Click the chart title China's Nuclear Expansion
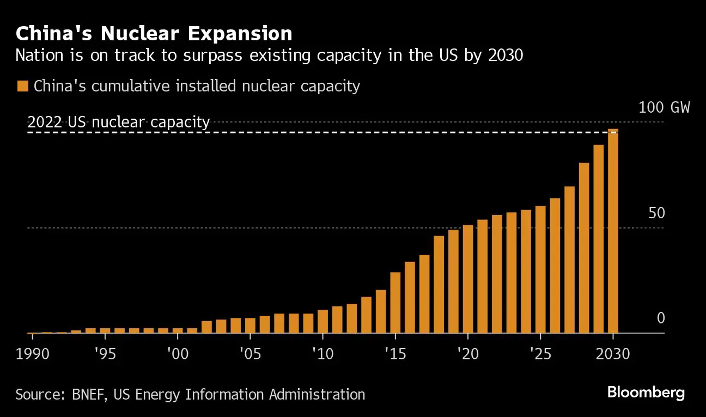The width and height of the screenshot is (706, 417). pos(154,34)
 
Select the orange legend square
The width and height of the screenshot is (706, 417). pos(23,86)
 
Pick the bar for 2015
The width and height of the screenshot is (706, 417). pos(395,303)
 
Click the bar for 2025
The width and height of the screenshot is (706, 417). pos(540,269)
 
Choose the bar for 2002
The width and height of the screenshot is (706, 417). pos(206,327)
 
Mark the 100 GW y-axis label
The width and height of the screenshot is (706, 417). pos(664,107)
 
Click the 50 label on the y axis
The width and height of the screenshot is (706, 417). pos(656,213)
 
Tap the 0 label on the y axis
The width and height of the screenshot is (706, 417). pos(661,318)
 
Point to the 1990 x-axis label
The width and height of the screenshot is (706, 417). pos(32,354)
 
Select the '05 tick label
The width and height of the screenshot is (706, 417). pos(250,354)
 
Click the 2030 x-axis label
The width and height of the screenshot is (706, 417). pos(613,354)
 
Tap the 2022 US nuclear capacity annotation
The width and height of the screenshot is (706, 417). pos(119,122)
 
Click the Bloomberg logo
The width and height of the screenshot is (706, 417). pos(646,393)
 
